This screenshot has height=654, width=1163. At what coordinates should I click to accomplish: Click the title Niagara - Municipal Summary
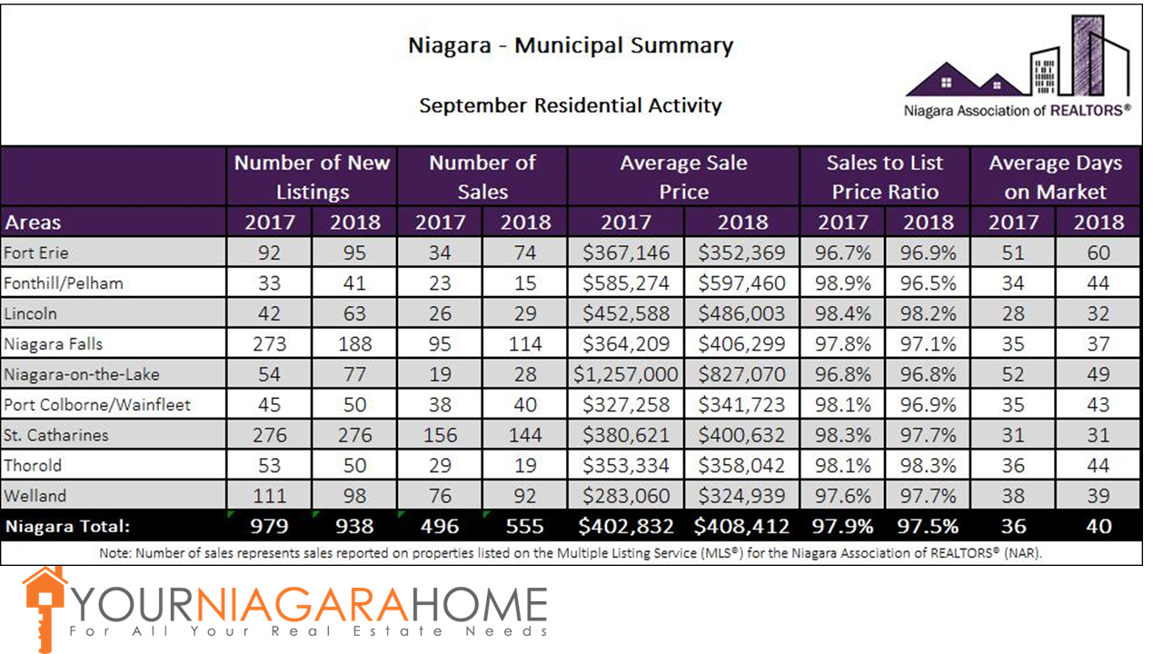click(x=571, y=46)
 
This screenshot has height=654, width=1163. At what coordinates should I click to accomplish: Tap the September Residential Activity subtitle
click(x=571, y=105)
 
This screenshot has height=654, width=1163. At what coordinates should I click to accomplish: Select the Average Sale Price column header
click(x=683, y=177)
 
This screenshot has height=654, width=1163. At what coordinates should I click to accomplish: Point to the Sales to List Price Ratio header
click(x=884, y=177)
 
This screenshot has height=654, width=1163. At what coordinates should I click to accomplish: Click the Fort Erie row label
click(x=37, y=252)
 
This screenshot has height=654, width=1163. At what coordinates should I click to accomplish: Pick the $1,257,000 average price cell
click(x=626, y=374)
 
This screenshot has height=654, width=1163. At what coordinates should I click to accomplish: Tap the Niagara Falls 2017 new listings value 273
click(x=269, y=344)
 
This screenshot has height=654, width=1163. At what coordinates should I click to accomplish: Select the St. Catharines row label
click(x=56, y=435)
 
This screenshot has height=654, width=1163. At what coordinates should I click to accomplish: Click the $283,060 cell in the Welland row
click(x=626, y=497)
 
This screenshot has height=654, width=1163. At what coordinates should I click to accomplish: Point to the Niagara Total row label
click(x=67, y=526)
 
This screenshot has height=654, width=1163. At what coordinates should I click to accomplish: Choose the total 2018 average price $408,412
click(x=741, y=526)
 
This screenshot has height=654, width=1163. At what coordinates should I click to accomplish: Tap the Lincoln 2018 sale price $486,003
click(x=741, y=313)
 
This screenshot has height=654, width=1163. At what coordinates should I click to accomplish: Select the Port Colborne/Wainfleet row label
click(x=97, y=404)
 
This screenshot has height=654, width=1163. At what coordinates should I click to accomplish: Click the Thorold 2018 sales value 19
click(x=526, y=466)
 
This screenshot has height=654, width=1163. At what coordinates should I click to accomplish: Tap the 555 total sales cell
click(x=526, y=526)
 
